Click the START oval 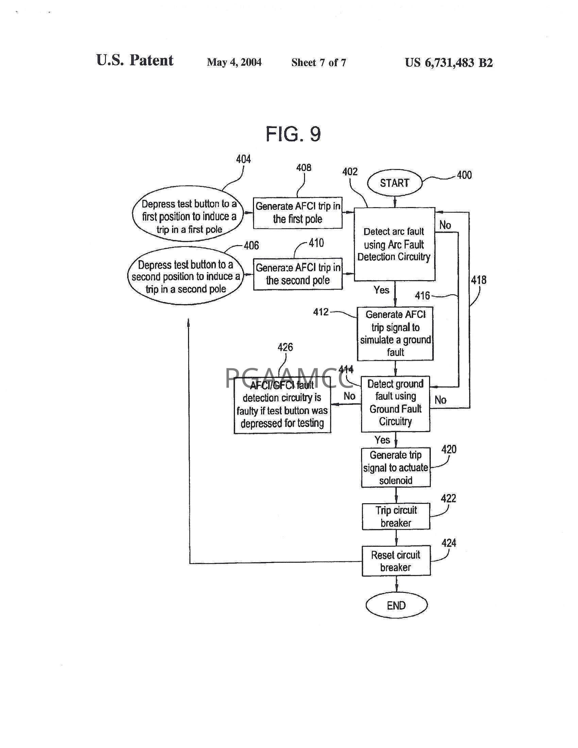click(x=394, y=183)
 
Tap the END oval click(x=396, y=606)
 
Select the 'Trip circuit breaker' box click(x=396, y=516)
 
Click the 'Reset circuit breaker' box click(x=396, y=561)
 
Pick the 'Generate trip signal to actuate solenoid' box click(x=396, y=468)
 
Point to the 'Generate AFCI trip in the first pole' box click(x=297, y=213)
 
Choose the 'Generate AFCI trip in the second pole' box click(x=298, y=274)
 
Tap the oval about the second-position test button click(x=186, y=276)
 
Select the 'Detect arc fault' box click(x=394, y=244)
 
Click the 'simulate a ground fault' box click(x=395, y=334)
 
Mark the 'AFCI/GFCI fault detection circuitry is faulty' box click(x=283, y=405)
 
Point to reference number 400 click(x=464, y=175)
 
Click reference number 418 click(x=478, y=280)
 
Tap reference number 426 click(x=285, y=347)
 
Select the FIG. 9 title click(x=293, y=134)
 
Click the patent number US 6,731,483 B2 click(x=449, y=62)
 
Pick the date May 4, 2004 click(x=234, y=62)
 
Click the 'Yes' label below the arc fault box click(x=381, y=290)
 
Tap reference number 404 click(x=243, y=159)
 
